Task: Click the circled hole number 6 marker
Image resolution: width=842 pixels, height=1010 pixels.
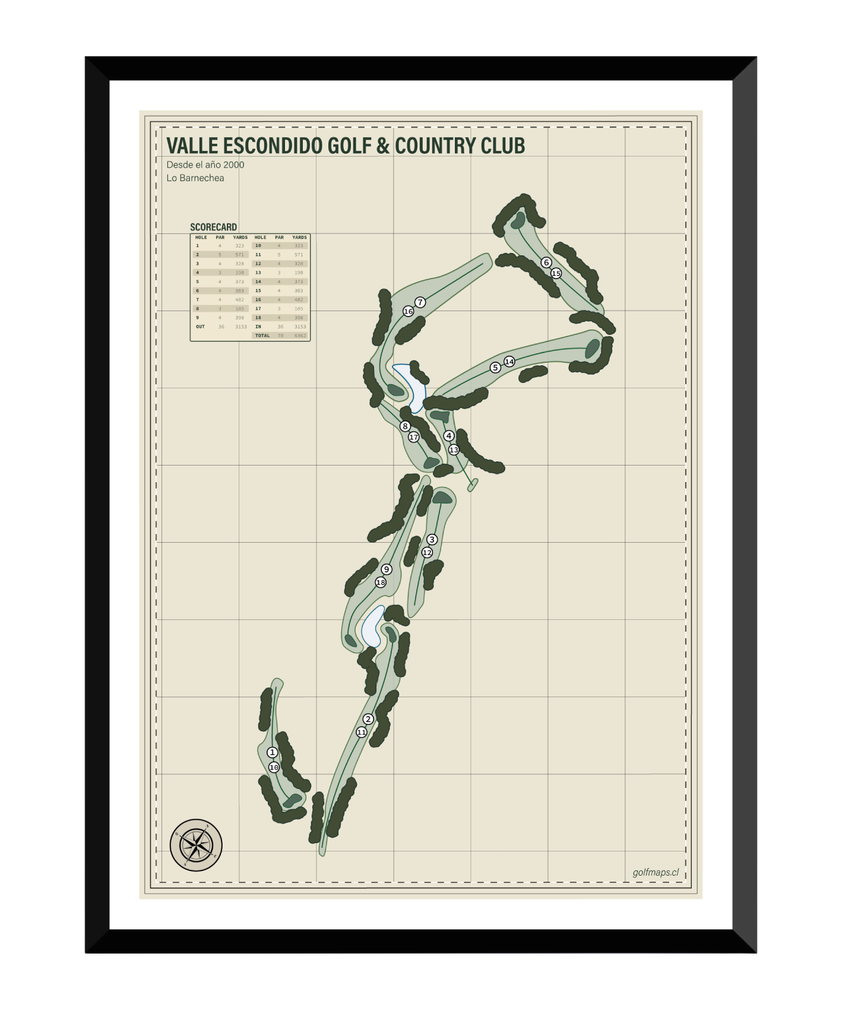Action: coord(546,262)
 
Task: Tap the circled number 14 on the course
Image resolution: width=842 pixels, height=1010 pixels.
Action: coord(509,362)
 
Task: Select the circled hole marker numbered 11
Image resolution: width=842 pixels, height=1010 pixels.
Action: coord(362,732)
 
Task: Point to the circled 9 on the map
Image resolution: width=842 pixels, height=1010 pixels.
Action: coord(387,569)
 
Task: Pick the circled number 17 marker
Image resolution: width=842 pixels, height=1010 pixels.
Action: coord(414,437)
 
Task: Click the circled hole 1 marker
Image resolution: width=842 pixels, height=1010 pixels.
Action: coord(273,752)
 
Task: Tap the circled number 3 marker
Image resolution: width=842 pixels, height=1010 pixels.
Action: coord(432,539)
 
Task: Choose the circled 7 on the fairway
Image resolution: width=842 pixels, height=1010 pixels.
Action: coord(420,302)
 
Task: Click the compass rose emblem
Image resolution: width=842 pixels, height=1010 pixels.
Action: coord(196,845)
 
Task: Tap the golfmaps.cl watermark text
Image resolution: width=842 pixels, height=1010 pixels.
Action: coord(656,872)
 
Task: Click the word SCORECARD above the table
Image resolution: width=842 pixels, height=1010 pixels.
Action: coord(213,227)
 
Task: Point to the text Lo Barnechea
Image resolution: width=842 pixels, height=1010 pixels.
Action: coord(195,178)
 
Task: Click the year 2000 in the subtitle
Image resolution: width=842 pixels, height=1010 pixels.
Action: coord(233,165)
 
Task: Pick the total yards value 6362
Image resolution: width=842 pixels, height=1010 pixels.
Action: coord(300,336)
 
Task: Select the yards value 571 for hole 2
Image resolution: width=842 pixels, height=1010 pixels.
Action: coord(239,255)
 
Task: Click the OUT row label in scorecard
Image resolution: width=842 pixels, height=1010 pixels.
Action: coord(200,327)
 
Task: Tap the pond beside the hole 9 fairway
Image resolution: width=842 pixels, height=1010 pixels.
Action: coord(373,626)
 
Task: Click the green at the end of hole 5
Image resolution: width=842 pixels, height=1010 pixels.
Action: coord(592,349)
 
